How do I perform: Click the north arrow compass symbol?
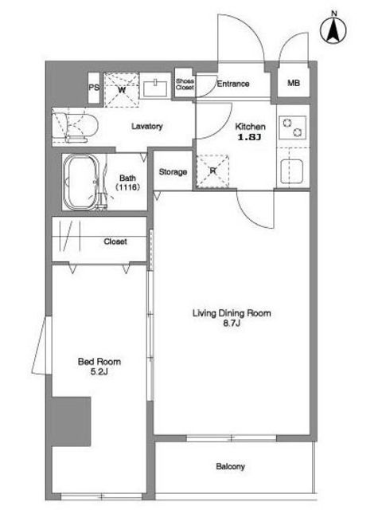click(x=333, y=29)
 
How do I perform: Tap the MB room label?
click(x=294, y=83)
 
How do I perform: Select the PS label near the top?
click(x=94, y=88)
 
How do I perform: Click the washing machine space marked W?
click(x=122, y=90)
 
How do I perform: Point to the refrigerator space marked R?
click(x=212, y=171)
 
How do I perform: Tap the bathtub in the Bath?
click(x=82, y=182)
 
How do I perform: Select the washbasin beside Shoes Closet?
click(x=155, y=88)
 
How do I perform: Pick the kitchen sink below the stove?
click(x=292, y=171)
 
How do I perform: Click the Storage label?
click(x=173, y=172)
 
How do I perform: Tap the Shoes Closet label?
click(x=185, y=84)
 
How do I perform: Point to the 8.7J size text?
click(x=232, y=324)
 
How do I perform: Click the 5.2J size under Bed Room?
click(x=99, y=372)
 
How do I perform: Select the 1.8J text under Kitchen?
click(x=250, y=137)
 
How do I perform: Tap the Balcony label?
click(x=230, y=467)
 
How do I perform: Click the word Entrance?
click(x=233, y=84)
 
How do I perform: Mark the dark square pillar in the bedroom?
click(x=72, y=422)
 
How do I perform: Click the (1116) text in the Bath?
click(x=127, y=187)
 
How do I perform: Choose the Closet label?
click(x=115, y=241)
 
